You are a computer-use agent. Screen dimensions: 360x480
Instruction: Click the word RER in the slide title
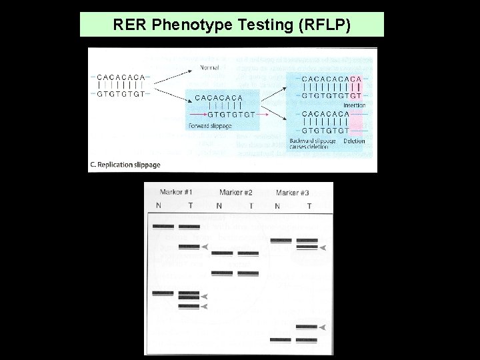[x=129, y=25]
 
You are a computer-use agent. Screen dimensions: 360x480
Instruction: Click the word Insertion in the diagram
[x=353, y=105]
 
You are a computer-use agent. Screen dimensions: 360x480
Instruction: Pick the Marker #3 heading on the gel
[x=295, y=193]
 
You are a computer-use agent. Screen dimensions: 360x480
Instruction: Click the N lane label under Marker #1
[x=158, y=205]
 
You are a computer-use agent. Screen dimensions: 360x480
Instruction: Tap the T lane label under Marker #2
[x=251, y=205]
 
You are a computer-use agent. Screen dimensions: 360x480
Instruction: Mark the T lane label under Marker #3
[x=309, y=205]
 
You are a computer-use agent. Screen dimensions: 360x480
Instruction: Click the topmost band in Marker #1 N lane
[x=163, y=227]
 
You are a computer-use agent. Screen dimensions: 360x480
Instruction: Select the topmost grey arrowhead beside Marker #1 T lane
[x=207, y=247]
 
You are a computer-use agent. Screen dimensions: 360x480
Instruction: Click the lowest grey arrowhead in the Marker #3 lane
[x=323, y=327]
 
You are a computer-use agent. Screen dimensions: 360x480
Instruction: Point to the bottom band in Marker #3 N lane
[x=281, y=339]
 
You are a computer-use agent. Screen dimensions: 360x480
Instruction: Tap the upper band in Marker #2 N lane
[x=222, y=253]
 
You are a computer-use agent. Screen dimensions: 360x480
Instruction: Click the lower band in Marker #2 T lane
[x=248, y=273]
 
